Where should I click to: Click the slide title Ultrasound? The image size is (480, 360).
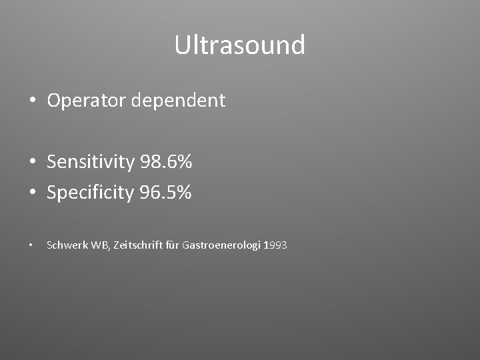(240, 45)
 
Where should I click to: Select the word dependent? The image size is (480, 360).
(179, 101)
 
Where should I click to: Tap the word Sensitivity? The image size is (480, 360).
(91, 161)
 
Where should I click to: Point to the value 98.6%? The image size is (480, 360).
(166, 161)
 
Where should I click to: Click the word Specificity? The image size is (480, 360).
(91, 193)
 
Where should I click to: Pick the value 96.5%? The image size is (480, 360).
(166, 193)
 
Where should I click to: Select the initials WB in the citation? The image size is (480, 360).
(99, 245)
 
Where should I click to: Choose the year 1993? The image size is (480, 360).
(275, 245)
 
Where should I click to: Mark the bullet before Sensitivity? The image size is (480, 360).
(33, 162)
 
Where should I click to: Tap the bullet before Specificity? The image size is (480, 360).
(33, 193)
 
